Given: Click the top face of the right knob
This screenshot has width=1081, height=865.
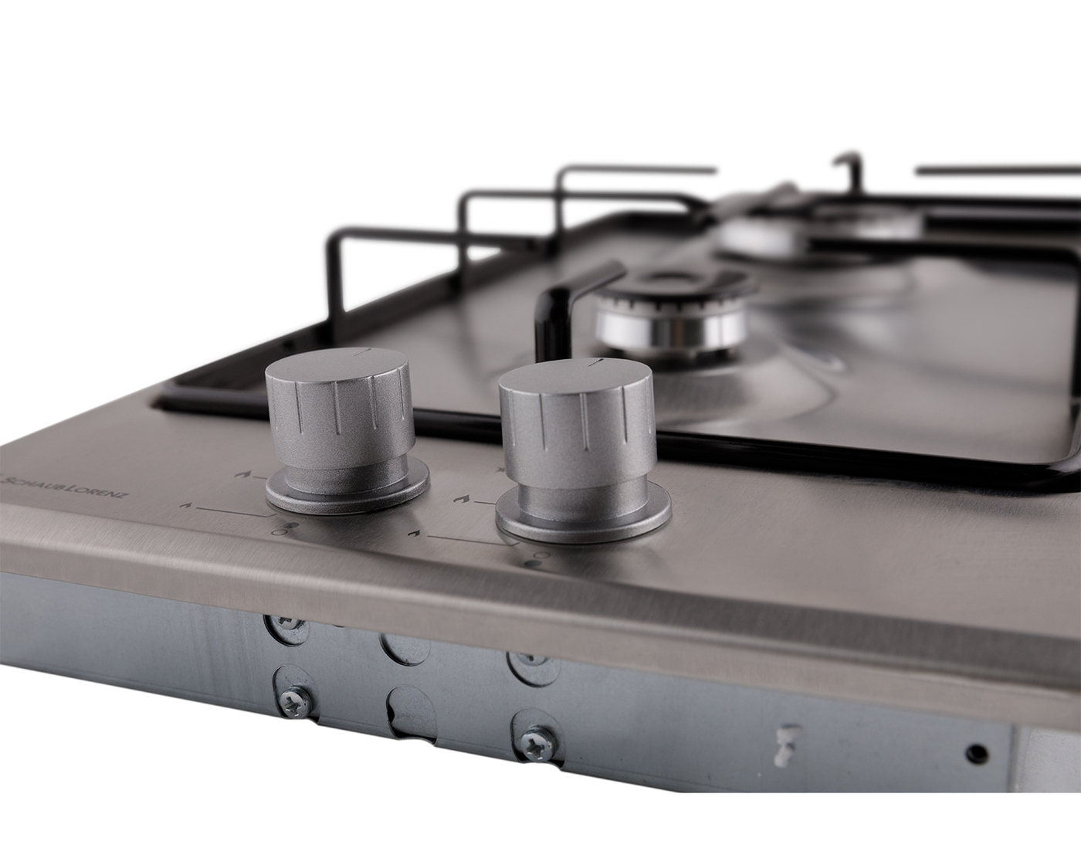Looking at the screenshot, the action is [575, 379].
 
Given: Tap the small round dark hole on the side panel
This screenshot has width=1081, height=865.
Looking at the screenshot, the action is [977, 766].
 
